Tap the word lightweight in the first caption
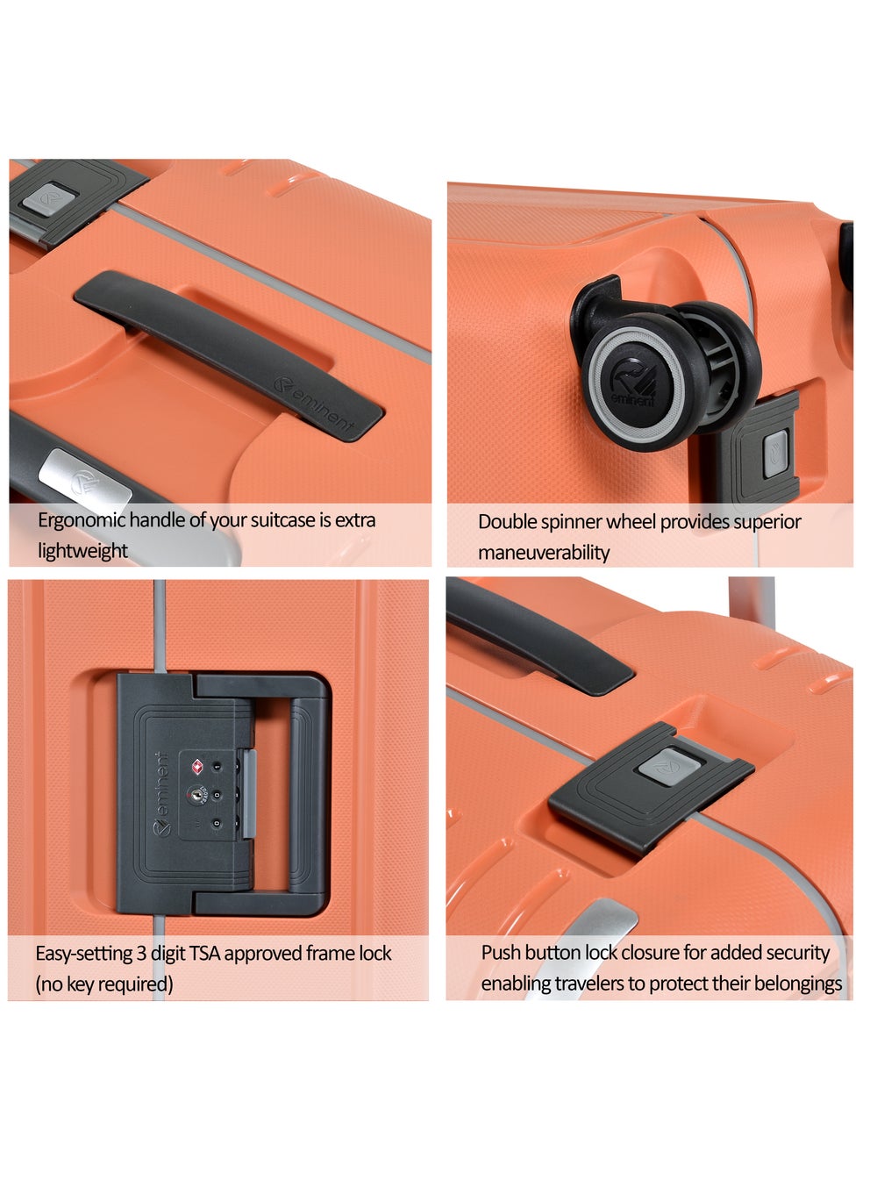(x=82, y=551)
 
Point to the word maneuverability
(x=544, y=553)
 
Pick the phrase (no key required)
(x=104, y=984)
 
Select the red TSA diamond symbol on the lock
(x=196, y=766)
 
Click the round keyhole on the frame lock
(x=196, y=795)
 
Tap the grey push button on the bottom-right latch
(x=669, y=767)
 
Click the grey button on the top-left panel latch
(x=49, y=199)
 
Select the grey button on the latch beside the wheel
(x=775, y=454)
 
